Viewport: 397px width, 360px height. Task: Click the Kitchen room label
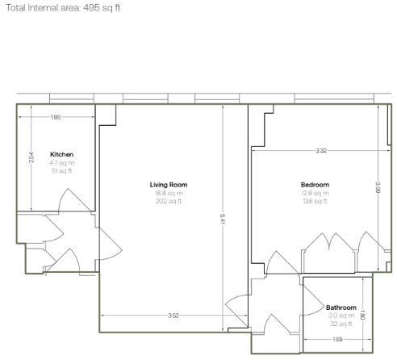pos(61,154)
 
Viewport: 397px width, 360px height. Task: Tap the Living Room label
pos(169,185)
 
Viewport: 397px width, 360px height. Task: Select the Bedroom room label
pos(315,185)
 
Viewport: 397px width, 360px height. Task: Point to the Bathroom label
pos(341,308)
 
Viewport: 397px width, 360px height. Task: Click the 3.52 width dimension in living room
pos(173,316)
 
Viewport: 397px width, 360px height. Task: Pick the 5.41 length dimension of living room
pos(223,219)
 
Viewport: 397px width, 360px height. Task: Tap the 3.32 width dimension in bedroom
pos(321,150)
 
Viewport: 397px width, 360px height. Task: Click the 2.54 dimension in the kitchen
pos(31,157)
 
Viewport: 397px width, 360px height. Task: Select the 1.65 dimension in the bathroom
pos(337,339)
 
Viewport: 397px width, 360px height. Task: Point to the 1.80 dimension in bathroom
pos(362,315)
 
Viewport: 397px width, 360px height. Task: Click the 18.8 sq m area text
pos(169,193)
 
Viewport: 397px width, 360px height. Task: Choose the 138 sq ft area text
pos(315,201)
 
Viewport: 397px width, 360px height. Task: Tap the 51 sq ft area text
pos(62,171)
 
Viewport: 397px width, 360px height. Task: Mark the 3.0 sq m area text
pos(341,316)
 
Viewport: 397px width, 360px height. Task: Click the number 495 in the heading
pos(91,8)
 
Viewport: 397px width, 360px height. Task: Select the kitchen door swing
pos(74,199)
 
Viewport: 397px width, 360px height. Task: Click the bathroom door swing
pos(314,299)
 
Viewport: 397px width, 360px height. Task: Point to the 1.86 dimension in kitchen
pos(56,117)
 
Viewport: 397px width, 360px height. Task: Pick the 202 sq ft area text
pos(169,201)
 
